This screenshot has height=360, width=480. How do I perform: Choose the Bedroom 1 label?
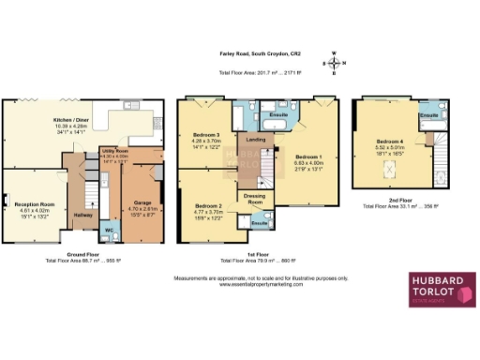pos(307,157)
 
